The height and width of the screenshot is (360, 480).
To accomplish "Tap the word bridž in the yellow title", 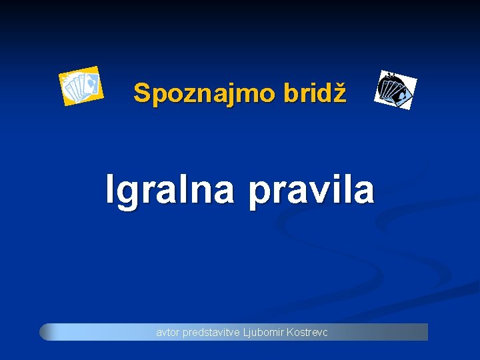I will tap(315, 93).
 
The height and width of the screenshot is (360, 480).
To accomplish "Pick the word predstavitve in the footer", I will tap(210, 332).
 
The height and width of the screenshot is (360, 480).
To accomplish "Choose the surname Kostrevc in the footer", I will tap(306, 332).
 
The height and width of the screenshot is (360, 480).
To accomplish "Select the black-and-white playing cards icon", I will tap(396, 89).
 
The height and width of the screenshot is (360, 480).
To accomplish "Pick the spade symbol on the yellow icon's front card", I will tap(92, 83).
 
